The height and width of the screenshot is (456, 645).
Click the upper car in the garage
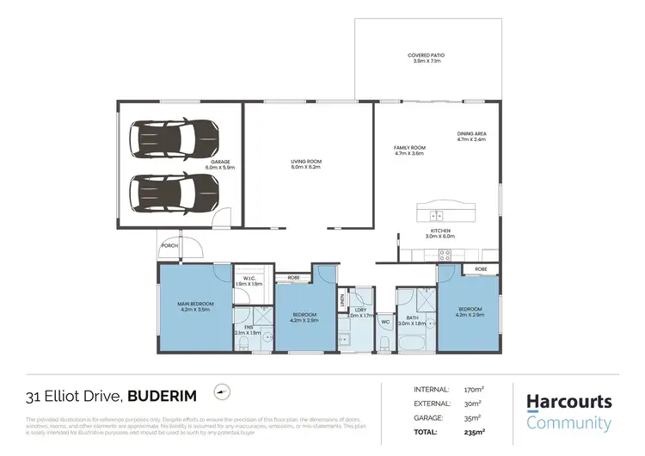pos(174,136)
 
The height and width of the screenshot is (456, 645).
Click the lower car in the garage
pos(174,187)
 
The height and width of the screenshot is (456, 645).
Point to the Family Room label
pos(409,151)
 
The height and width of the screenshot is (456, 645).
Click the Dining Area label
pos(472,136)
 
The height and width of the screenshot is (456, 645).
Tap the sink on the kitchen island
pos(437,216)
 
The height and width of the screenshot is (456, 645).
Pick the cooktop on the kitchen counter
pos(445,254)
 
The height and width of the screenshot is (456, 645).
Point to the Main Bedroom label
pos(195,306)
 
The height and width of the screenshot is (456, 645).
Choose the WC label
pos(385,322)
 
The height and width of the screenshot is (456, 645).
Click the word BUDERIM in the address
pos(162,396)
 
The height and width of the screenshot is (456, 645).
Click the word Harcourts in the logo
pos(568,402)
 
